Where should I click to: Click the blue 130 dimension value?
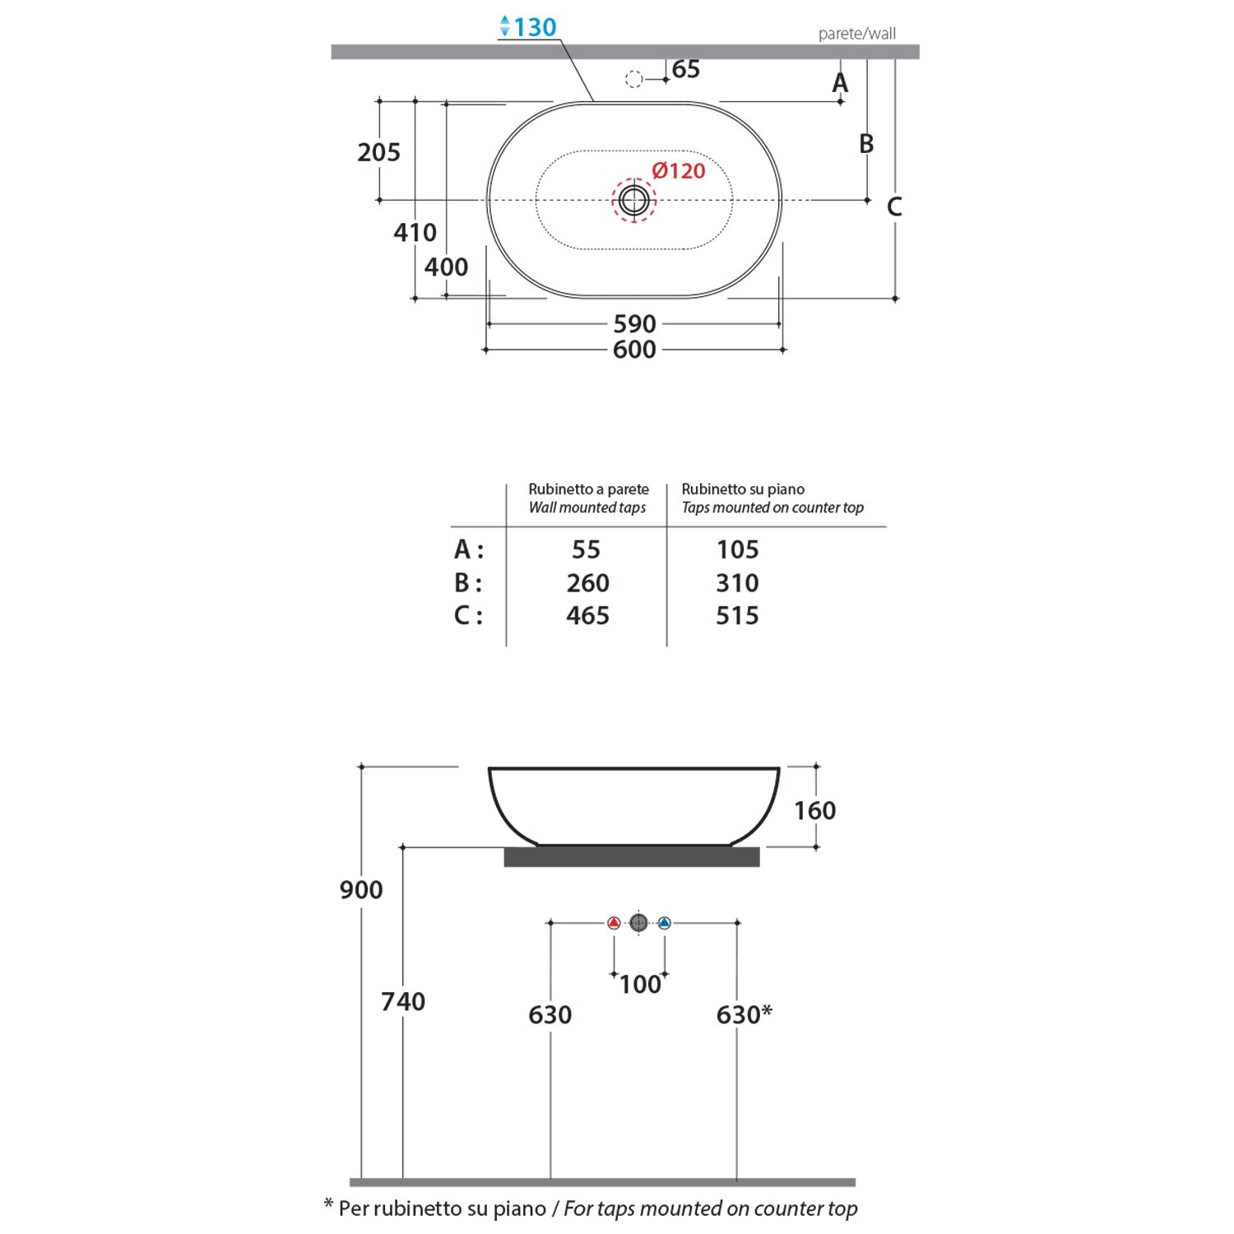(535, 27)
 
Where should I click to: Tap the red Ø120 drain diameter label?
(679, 171)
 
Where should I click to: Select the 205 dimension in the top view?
(378, 152)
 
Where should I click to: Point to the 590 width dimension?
(634, 324)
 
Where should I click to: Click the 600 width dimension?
(634, 350)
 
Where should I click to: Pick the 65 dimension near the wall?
(685, 69)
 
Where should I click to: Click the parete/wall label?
(856, 34)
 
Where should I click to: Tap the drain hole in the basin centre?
(633, 200)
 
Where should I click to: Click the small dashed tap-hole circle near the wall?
(633, 80)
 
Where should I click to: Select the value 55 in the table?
(586, 550)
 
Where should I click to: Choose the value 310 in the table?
(737, 583)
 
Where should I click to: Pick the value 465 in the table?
(587, 616)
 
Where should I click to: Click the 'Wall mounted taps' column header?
(587, 508)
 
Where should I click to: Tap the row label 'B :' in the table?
(468, 583)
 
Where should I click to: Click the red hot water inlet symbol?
(614, 923)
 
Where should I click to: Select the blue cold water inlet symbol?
(665, 923)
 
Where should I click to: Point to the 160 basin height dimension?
(814, 811)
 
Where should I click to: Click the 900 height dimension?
(361, 890)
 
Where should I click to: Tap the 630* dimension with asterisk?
(744, 1014)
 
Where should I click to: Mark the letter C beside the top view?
(894, 207)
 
